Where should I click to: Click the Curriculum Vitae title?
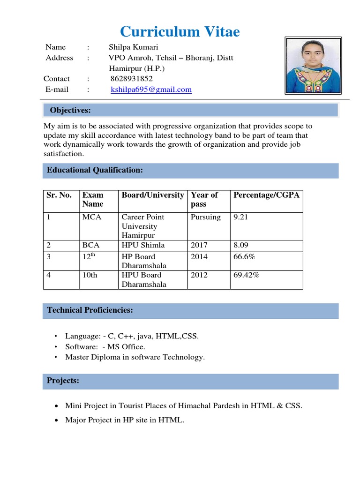coord(180,31)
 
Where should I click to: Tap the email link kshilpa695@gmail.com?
coord(151,90)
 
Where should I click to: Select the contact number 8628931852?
coord(132,79)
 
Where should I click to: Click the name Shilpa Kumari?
coord(133,47)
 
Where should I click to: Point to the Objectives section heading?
coord(70,110)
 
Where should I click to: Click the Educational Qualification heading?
coord(95,170)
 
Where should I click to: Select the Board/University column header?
coord(153,195)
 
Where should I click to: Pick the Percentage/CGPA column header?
coord(266,195)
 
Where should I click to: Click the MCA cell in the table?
coord(92,217)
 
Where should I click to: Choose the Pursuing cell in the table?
coord(206,217)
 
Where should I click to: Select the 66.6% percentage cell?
coord(244,257)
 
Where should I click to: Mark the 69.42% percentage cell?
coord(246,275)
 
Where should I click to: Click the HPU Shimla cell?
coord(143,245)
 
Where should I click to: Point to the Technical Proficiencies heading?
coord(90,310)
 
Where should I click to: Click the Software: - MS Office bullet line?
coord(105,347)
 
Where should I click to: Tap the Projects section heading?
coord(63,381)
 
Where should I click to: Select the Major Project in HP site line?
coord(125,420)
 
